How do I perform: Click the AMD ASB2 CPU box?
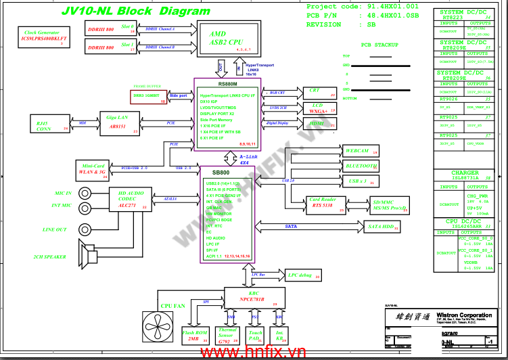coord(227,37)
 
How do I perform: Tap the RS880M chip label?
coord(227,85)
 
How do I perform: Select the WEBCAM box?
coord(359,151)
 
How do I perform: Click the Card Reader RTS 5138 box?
coord(323,204)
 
